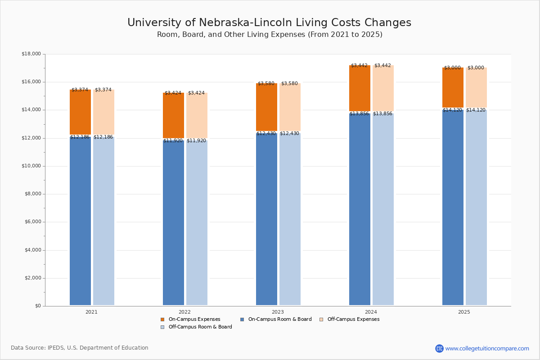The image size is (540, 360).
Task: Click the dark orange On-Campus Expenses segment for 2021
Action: coord(80,112)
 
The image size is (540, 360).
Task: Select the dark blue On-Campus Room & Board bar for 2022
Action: coord(173,223)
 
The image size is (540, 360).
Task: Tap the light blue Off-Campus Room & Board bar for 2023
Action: coord(290,219)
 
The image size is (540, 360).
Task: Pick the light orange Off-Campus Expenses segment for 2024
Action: coord(383,88)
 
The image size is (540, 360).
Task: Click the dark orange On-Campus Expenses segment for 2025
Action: coord(453,88)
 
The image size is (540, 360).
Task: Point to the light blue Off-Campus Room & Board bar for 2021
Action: coord(103,221)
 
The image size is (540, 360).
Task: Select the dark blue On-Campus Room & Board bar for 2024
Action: coord(360,209)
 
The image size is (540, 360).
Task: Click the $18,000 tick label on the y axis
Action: coord(31,54)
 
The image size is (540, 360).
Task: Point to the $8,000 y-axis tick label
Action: coord(33,194)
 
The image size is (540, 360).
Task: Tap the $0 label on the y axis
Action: coord(38,306)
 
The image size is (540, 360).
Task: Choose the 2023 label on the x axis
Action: coord(278,312)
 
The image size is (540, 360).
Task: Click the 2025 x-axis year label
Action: coord(464,312)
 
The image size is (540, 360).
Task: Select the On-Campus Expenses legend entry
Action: coord(190,319)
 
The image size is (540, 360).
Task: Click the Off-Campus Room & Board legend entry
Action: coord(196,327)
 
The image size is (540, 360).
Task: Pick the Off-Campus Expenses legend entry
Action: coord(350,319)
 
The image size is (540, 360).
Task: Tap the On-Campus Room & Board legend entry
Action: coord(276,319)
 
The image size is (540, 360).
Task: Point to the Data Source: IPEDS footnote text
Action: coord(80,348)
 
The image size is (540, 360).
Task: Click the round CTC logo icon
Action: coord(439,348)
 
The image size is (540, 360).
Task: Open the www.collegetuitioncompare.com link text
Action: coord(487,348)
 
